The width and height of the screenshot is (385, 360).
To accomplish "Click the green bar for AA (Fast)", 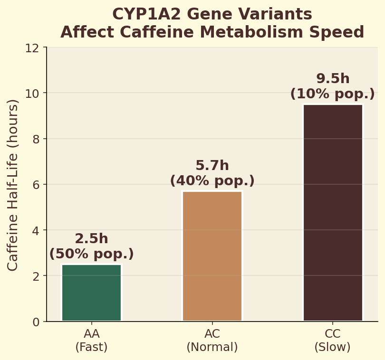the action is (x=91, y=293).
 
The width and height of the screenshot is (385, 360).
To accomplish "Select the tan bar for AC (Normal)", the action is (x=212, y=256).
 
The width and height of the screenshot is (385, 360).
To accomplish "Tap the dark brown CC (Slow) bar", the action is (x=333, y=212).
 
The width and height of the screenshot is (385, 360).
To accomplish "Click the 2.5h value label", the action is (x=91, y=239).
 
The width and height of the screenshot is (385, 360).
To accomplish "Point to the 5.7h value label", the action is (x=212, y=166).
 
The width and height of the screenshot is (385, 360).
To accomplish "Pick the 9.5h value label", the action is (x=333, y=79).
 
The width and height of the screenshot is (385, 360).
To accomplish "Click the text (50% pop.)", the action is (x=91, y=254).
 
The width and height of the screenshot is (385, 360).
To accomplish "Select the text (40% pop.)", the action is (x=212, y=181).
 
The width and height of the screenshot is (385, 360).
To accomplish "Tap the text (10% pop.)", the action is (x=333, y=94).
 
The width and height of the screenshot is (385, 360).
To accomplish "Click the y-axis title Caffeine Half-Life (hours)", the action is (x=13, y=185).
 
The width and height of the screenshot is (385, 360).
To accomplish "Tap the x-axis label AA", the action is (x=91, y=334).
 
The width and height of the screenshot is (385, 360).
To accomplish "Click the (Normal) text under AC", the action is (x=212, y=347).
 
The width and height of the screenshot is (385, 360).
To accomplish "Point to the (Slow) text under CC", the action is (x=333, y=347).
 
